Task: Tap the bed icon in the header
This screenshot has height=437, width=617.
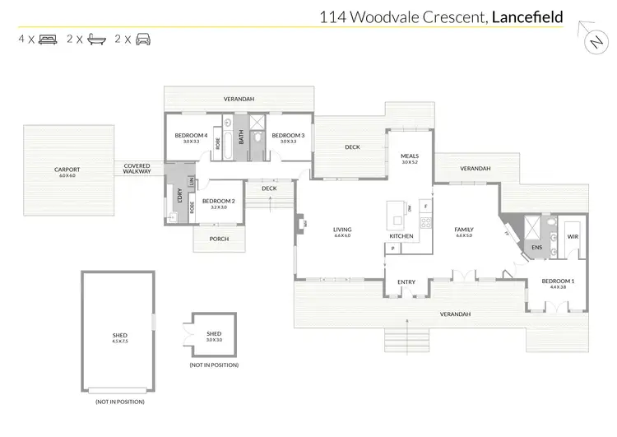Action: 47,39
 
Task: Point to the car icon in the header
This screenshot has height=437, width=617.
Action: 143,39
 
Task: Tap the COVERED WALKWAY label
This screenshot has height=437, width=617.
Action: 137,168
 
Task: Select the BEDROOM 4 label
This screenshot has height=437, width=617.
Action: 191,136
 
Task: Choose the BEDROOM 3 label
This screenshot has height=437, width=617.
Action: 288,136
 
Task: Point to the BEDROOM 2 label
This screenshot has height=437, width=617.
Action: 218,202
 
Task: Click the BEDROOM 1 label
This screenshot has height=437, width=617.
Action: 558,281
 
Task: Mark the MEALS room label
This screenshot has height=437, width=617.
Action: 410,156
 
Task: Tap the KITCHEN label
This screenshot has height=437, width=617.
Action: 401,236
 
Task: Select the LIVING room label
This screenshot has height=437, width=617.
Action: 342,230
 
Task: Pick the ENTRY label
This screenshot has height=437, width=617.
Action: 406,282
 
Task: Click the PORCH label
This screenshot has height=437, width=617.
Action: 219,239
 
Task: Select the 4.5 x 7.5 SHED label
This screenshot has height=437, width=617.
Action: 120,334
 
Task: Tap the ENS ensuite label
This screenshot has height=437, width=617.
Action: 536,246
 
